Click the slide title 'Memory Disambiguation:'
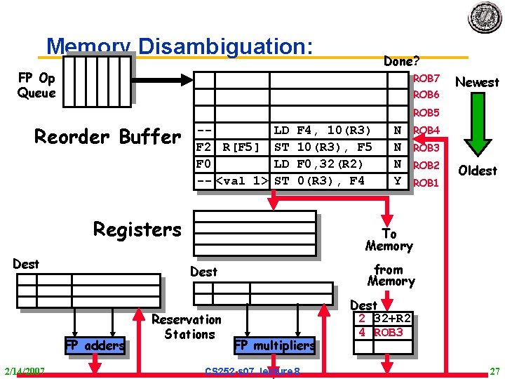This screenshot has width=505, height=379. (x=179, y=47)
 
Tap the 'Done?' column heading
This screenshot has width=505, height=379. (x=402, y=61)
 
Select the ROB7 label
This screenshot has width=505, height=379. (x=426, y=78)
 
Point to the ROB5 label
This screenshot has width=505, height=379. (x=426, y=113)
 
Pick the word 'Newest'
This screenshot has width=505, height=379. (x=477, y=82)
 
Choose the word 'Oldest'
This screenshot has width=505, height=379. (x=477, y=171)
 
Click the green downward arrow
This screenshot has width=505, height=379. (x=477, y=126)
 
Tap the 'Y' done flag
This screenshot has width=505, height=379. (x=398, y=181)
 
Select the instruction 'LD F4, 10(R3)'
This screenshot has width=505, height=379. (x=322, y=131)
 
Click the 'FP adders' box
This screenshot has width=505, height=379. (x=95, y=345)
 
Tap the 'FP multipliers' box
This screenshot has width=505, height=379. (x=274, y=345)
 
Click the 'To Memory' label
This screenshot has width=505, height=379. (x=389, y=239)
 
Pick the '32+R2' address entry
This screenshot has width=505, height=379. (x=393, y=318)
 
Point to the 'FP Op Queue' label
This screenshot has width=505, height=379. (x=36, y=86)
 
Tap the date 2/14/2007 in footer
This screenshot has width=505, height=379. (x=25, y=371)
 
